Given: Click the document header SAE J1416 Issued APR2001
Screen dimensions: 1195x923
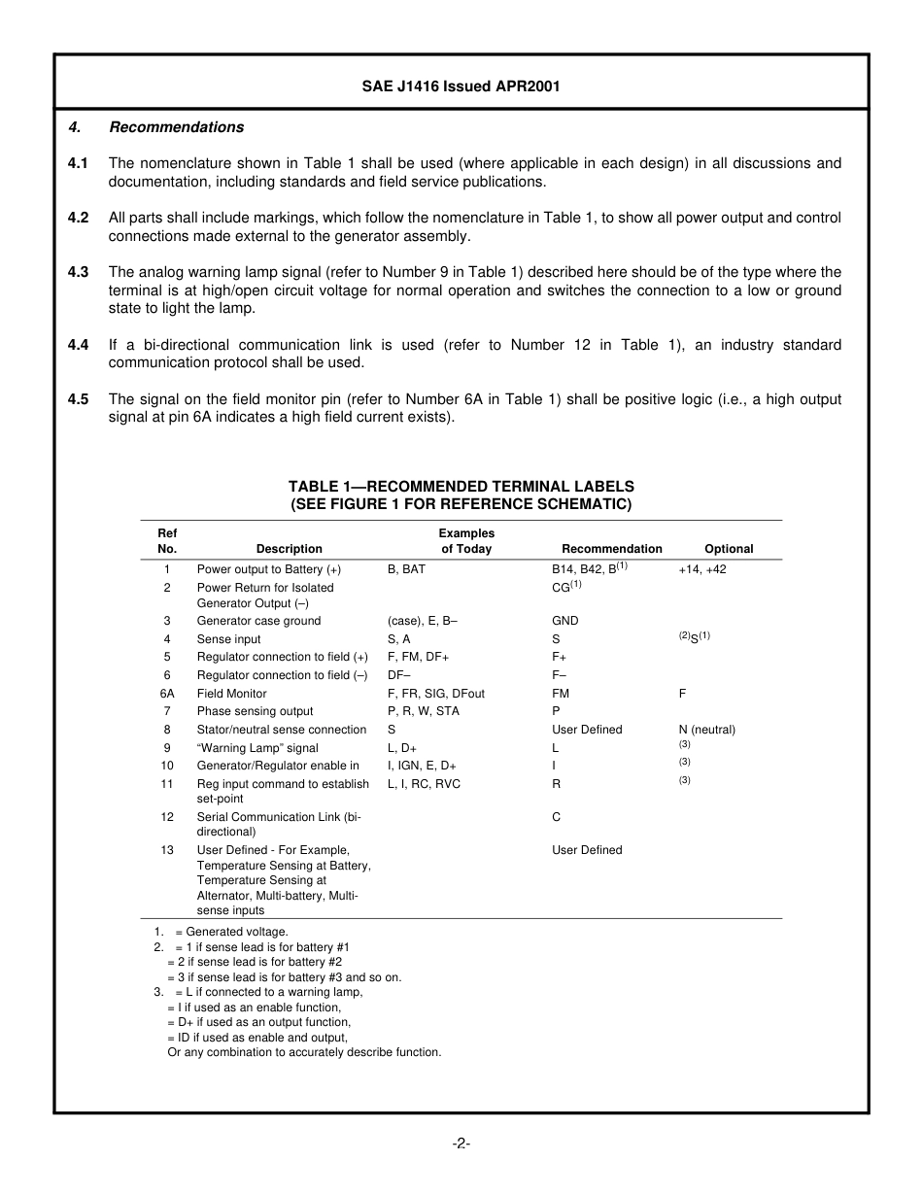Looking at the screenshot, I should coord(461,86).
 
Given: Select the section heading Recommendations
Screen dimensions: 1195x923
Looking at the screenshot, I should coord(176,127).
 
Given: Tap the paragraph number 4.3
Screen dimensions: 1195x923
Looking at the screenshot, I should coord(79,272).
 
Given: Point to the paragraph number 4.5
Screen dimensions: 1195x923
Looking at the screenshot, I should coord(79,399).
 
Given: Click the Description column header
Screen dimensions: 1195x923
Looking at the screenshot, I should coord(289,549).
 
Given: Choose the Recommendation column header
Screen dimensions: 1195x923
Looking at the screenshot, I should coord(611,549).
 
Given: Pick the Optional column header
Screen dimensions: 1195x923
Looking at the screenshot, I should coord(729,549).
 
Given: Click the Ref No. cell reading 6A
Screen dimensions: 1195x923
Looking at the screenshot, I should coord(167,694).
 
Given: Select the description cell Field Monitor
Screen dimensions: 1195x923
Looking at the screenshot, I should coord(231,694).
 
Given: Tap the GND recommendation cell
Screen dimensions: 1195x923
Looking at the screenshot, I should coord(564,621).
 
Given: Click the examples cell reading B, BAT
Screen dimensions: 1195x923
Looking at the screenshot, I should coord(406,569).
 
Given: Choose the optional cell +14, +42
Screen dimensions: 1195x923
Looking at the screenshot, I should coord(701,569).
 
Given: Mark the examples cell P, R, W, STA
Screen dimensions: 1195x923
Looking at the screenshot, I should coord(423,711).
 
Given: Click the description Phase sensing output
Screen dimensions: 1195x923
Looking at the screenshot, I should coord(255,711).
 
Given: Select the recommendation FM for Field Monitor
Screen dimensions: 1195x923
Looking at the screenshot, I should coord(561,694).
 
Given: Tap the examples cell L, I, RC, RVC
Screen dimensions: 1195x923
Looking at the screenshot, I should coord(424,784).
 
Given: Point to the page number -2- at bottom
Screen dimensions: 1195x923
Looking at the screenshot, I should coord(461,1144).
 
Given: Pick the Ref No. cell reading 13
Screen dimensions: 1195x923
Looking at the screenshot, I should coord(167,850).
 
